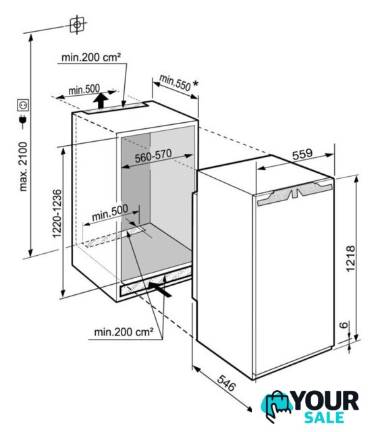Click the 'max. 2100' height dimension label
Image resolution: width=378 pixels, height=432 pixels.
[x=24, y=167]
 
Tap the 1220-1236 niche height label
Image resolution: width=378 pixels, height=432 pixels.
[x=57, y=213]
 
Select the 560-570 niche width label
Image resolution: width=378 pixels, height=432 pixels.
[x=153, y=156]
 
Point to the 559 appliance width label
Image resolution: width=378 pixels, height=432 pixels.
[x=302, y=154]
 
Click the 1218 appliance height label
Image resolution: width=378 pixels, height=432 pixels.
[x=350, y=259]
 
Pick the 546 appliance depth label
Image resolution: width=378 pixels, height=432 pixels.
[x=227, y=383]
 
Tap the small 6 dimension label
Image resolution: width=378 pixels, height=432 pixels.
[x=344, y=325]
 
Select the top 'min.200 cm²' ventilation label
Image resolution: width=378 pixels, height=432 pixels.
[x=91, y=57]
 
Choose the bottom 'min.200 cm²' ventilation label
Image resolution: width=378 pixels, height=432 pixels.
[x=124, y=332]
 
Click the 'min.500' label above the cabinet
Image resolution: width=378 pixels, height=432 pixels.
[x=84, y=90]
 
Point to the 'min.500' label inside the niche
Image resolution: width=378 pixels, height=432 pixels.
[x=110, y=213]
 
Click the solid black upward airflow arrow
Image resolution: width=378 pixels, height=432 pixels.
[x=101, y=101]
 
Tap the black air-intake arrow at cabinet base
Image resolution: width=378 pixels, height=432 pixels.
[x=159, y=290]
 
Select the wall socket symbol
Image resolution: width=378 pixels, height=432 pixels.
[x=23, y=105]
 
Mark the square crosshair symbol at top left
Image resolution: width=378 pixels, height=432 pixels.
[x=77, y=24]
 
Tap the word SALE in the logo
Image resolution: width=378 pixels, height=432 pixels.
[x=324, y=417]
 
